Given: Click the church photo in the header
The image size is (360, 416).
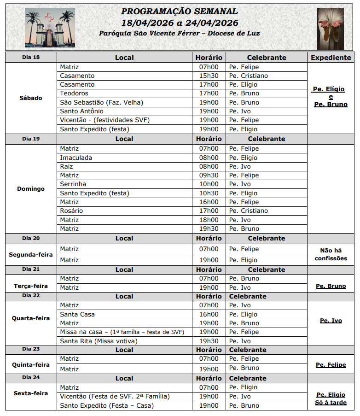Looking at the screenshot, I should coord(49,28).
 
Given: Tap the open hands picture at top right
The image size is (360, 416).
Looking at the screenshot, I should coord(330,29).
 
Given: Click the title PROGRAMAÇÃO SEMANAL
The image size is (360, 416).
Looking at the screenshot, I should coord(180,12).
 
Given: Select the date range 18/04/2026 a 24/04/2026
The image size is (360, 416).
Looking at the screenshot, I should coord(180,23).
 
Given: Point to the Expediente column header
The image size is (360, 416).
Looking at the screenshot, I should coord(331,58).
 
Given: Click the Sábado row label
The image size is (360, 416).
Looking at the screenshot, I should coord(31,98).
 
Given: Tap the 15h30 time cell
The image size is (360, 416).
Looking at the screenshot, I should coord(209,76).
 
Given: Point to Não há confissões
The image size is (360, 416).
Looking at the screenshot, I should coord(331,254).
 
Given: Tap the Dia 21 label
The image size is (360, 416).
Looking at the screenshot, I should coord(31,269).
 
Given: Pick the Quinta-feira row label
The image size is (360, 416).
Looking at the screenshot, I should coord(31,365).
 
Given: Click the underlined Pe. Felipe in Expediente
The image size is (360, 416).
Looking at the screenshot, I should coord(331,365).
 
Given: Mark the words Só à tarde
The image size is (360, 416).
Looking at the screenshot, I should coord(331,403).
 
